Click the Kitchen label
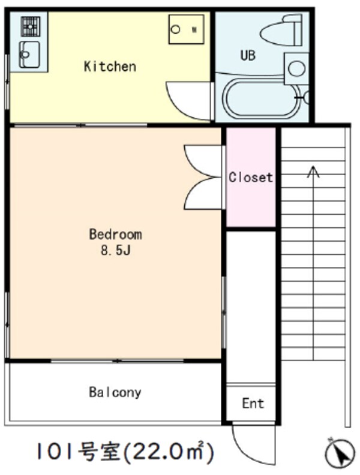(x=110, y=67)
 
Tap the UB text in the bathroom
(x=248, y=55)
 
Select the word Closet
(x=251, y=177)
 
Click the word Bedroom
(x=115, y=234)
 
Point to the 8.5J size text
(x=115, y=250)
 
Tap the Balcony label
(x=115, y=392)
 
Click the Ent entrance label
(x=253, y=403)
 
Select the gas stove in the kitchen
(x=31, y=26)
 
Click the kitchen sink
(x=29, y=55)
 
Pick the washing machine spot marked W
(x=187, y=29)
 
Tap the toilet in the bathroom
(x=281, y=30)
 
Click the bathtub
(x=262, y=98)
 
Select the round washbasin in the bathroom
(x=296, y=68)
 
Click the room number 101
(x=56, y=452)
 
